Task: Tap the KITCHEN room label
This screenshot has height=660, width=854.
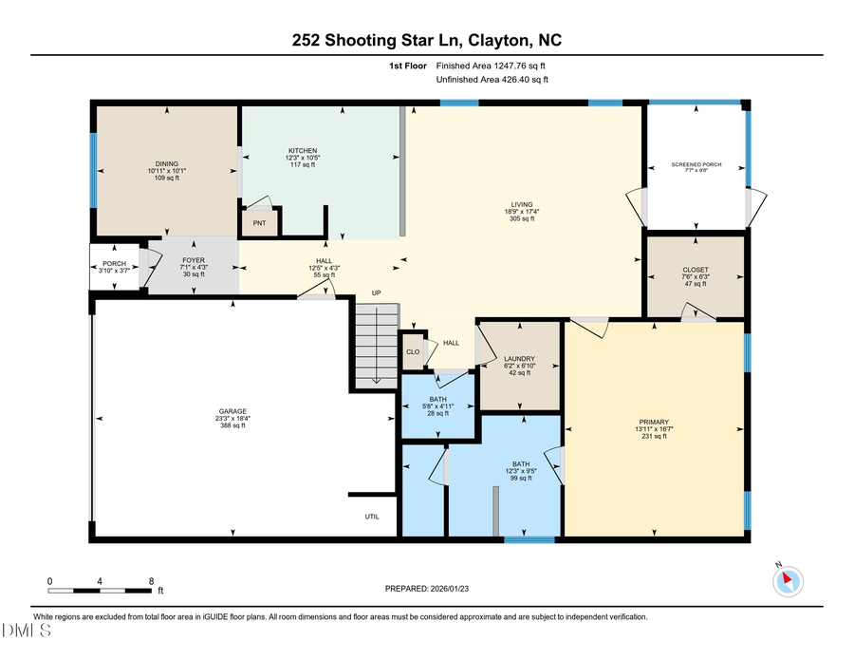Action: (303, 150)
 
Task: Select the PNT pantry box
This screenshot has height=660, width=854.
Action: (258, 224)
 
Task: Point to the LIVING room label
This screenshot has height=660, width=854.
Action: (521, 204)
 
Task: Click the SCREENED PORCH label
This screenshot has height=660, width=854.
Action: (696, 164)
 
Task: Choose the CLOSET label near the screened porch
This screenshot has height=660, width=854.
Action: (695, 270)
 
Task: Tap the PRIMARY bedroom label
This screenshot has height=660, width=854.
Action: (654, 422)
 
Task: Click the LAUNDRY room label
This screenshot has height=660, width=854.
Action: (518, 358)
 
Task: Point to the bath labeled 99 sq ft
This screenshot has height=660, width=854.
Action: (517, 465)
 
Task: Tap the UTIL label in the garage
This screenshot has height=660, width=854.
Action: (372, 517)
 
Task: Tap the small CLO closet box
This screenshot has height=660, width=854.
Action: (413, 351)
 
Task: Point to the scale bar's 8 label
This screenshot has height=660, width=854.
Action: (151, 580)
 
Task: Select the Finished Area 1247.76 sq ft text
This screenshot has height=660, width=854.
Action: (491, 66)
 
